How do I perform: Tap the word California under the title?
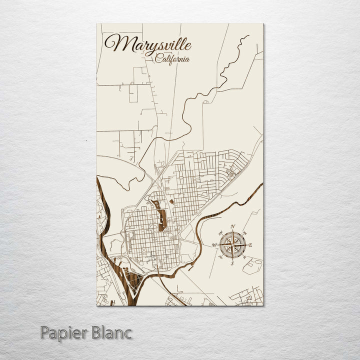coord(172,59)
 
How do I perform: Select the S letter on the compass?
coord(232,263)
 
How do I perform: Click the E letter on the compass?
coord(250,245)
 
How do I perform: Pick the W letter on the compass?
coord(214,245)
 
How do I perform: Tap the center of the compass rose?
coord(232,245)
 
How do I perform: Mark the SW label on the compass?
coord(220,257)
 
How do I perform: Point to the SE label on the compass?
coord(244,257)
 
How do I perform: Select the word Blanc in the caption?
coord(111,332)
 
